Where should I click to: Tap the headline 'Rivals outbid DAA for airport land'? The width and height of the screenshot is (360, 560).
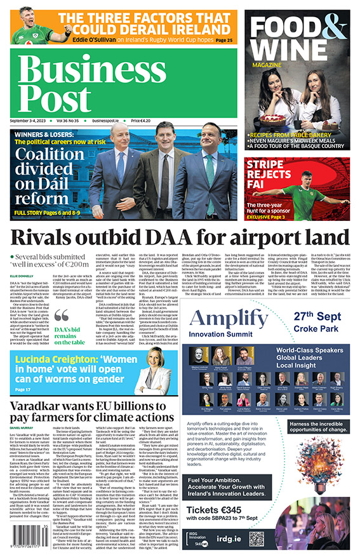(179, 238)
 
